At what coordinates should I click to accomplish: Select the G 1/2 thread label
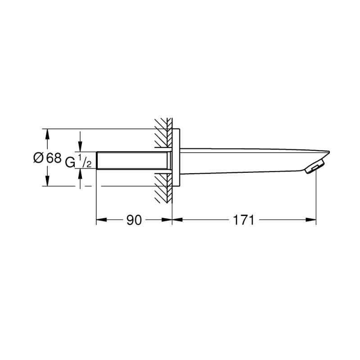tap(78, 161)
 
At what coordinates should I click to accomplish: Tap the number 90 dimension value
tap(134, 220)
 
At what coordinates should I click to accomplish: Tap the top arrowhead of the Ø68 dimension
tap(47, 133)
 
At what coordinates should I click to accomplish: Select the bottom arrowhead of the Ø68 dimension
tap(47, 182)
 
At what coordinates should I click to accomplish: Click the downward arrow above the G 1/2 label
tap(80, 148)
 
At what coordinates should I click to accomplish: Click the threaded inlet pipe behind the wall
tap(133, 160)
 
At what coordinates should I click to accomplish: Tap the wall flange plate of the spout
tap(177, 157)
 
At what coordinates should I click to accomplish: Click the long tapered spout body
tap(247, 160)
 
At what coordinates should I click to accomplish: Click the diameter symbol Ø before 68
tap(38, 158)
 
